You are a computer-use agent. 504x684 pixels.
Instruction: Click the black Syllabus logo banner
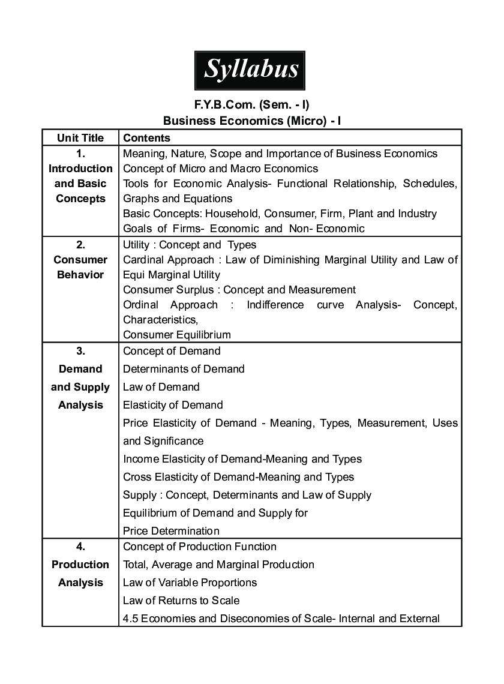(x=251, y=70)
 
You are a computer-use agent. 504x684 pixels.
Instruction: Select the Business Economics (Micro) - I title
(x=252, y=121)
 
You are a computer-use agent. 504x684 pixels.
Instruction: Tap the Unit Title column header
(x=80, y=138)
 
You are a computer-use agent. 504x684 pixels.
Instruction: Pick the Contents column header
(x=146, y=138)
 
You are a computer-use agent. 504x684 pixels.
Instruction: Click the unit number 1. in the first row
(x=80, y=154)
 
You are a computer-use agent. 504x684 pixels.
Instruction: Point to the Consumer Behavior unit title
(x=80, y=267)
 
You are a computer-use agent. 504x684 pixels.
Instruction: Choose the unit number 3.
(x=80, y=351)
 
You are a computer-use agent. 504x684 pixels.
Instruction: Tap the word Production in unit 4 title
(x=80, y=565)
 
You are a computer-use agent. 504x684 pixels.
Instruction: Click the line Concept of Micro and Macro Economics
(x=220, y=169)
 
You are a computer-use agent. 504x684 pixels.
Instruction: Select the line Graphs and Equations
(x=178, y=199)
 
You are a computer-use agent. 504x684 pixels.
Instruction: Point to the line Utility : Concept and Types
(x=190, y=245)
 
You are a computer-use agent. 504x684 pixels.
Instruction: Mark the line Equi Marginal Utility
(x=172, y=275)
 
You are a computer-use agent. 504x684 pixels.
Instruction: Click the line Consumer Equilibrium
(x=177, y=335)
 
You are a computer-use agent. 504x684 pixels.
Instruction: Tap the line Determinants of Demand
(x=184, y=369)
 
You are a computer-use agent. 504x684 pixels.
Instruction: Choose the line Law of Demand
(x=161, y=387)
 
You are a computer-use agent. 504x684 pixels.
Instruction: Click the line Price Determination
(x=171, y=531)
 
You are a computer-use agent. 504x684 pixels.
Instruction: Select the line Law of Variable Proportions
(x=190, y=583)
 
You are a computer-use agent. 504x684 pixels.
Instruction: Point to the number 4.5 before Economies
(x=130, y=619)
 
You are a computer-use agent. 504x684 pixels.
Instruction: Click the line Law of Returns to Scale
(x=181, y=601)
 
